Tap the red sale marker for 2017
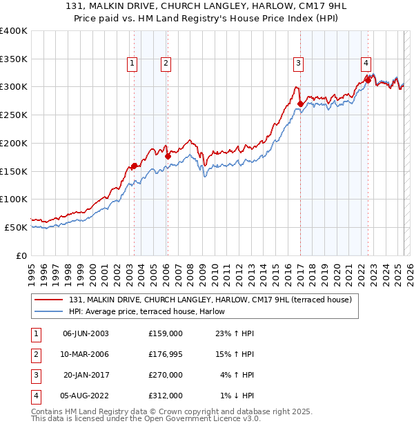300,104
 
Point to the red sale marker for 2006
168,156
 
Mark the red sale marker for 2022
368,80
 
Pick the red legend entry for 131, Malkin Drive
210,300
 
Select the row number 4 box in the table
34,396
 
